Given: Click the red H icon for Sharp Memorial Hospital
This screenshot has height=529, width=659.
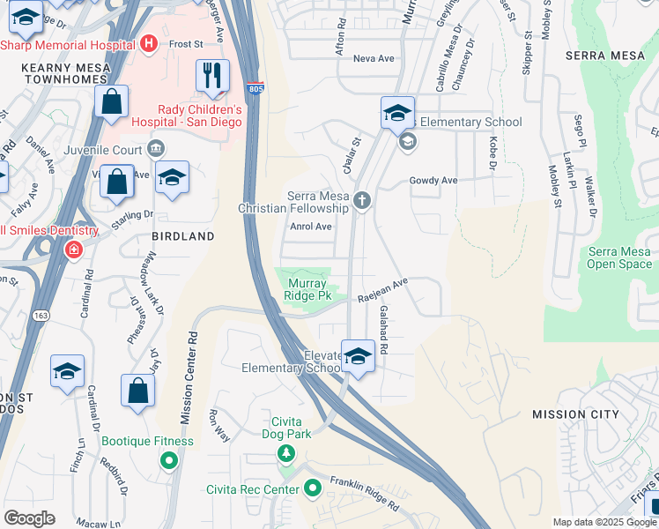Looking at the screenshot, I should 149,42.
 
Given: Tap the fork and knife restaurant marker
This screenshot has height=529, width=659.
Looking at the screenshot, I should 212,77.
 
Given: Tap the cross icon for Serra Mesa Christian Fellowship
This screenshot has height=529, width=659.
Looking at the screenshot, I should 361,202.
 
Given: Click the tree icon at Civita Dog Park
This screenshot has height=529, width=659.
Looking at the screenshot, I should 285,453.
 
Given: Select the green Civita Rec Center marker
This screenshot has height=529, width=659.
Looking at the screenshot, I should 312,488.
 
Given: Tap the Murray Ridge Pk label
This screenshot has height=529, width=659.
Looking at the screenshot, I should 306,289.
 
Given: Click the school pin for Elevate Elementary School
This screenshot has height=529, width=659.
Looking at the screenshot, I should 358,357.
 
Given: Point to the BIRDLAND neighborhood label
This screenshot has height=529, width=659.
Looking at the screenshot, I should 183,236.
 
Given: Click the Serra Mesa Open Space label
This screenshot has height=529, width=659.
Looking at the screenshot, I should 619,257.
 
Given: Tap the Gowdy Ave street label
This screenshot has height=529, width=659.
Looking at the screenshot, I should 433,180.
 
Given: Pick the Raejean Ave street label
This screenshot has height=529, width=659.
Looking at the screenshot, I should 383,291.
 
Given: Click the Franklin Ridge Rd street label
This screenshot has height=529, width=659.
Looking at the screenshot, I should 364,492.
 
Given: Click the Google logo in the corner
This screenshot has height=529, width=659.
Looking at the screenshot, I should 29,518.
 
